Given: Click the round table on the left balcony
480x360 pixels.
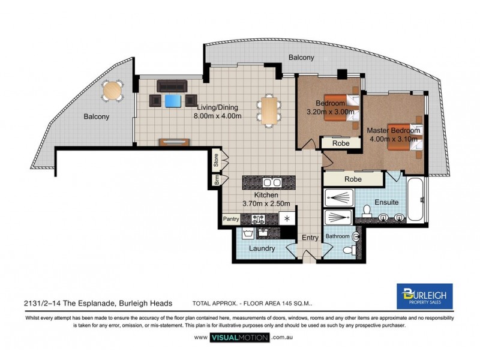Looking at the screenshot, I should (x=112, y=91).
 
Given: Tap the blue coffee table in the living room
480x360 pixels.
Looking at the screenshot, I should (x=173, y=100).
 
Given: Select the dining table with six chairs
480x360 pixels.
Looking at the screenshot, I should (x=269, y=110).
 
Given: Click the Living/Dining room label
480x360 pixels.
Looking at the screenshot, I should (x=217, y=107).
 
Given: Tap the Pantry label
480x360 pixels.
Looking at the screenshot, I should (x=231, y=220).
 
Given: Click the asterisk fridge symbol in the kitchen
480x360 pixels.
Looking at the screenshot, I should (x=287, y=219).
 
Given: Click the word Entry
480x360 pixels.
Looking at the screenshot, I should (x=310, y=238).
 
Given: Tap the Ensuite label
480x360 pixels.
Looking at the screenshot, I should (x=387, y=202).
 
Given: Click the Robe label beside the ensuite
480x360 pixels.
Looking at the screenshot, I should (x=352, y=179).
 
